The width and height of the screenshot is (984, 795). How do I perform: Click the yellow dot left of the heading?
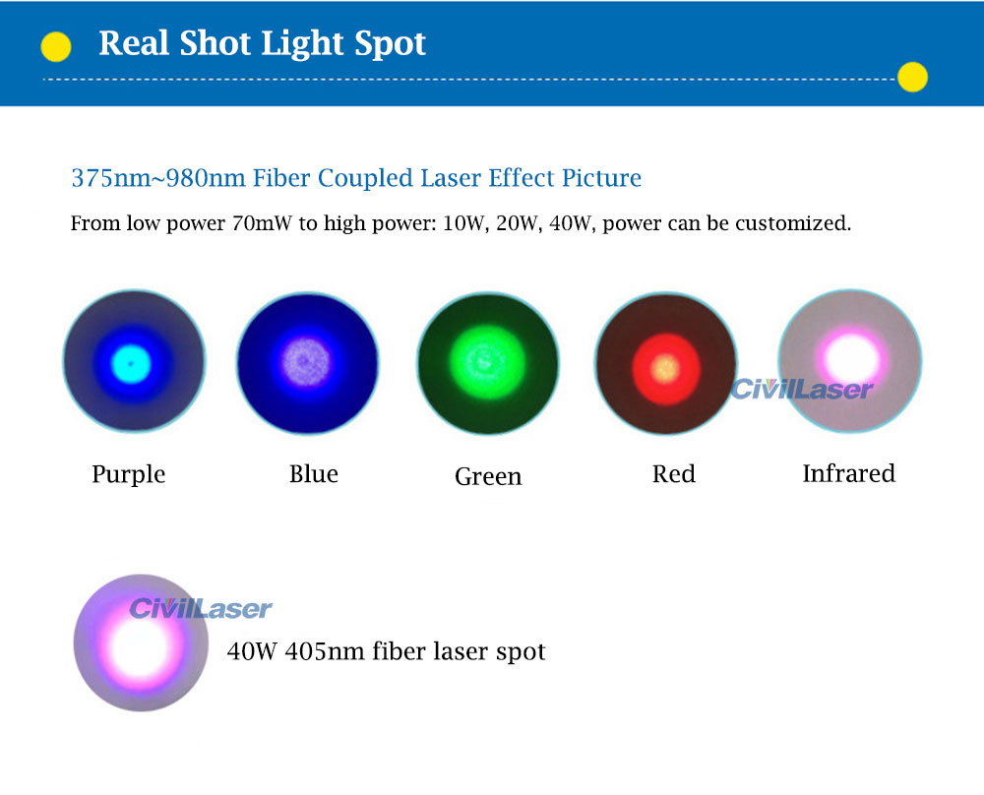point(56,47)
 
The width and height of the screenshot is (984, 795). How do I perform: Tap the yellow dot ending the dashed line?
point(912,77)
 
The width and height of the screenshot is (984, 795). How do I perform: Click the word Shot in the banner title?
point(215,43)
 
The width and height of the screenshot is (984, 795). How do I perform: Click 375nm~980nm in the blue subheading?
point(158,177)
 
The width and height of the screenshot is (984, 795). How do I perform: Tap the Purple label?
point(129,474)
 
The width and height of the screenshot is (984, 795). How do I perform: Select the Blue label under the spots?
point(314,473)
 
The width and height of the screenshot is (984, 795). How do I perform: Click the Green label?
point(488,476)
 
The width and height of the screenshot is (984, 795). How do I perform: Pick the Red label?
point(674,473)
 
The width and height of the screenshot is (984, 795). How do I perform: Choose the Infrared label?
point(849,473)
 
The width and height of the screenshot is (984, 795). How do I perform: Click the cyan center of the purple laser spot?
point(131,363)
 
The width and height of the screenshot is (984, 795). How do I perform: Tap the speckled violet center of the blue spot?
point(306,362)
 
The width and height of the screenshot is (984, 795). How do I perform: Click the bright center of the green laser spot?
point(488,362)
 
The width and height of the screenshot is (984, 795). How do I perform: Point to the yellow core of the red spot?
point(666,368)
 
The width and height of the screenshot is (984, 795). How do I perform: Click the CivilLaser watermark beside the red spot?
point(801,389)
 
